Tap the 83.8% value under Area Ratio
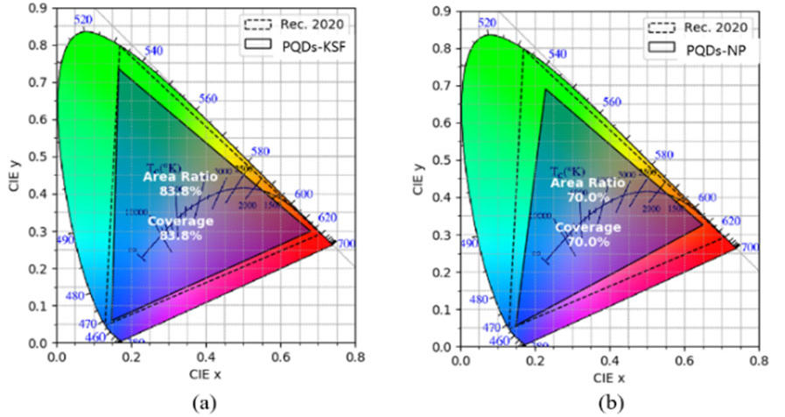pos(173,190)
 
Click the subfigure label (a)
pos(203,404)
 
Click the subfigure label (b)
pos(606,404)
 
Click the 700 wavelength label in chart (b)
pos(749,249)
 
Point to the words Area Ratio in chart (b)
pos(587,183)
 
